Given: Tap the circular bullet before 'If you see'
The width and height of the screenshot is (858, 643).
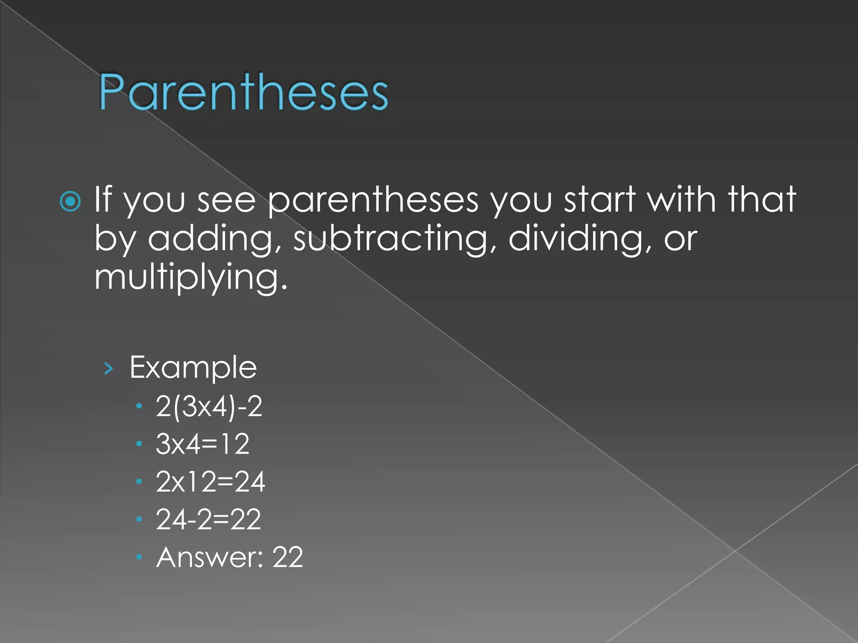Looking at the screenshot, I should [70, 202].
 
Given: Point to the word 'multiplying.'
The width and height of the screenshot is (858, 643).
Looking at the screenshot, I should [191, 278].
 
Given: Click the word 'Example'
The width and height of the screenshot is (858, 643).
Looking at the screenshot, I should [193, 368].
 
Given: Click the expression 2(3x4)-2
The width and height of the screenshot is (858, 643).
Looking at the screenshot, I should [209, 406].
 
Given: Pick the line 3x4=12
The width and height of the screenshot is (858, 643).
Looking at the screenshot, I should [203, 444].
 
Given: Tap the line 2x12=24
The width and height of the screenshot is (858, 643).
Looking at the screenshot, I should [210, 482].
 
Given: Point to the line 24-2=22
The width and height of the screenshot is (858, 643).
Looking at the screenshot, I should [209, 520].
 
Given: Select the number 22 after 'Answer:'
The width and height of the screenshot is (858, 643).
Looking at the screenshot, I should [287, 558].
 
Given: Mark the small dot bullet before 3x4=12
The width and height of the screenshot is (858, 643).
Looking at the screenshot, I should [140, 444].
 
